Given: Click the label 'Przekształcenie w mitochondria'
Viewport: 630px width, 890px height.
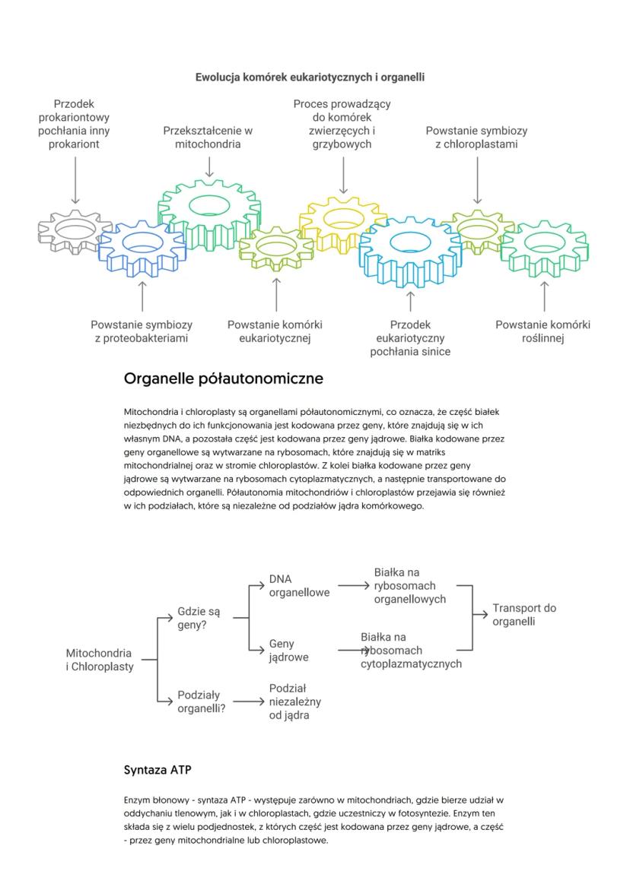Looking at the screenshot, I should pyautogui.click(x=208, y=137).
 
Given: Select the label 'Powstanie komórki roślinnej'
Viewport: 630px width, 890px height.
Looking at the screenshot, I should pyautogui.click(x=542, y=331).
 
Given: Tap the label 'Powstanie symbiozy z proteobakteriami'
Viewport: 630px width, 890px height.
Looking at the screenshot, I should pyautogui.click(x=142, y=331).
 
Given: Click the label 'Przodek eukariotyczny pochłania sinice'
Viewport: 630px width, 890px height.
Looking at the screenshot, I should pyautogui.click(x=410, y=337).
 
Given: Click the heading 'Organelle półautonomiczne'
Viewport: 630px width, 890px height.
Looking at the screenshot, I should pyautogui.click(x=223, y=378).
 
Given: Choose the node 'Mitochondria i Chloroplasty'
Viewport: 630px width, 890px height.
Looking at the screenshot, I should pyautogui.click(x=99, y=660).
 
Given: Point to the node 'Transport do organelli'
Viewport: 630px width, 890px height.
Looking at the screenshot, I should pyautogui.click(x=524, y=614).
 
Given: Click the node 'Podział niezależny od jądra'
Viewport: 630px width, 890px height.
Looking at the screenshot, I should pyautogui.click(x=291, y=701).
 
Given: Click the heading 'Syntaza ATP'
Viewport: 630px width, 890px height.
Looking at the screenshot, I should pyautogui.click(x=157, y=770).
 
